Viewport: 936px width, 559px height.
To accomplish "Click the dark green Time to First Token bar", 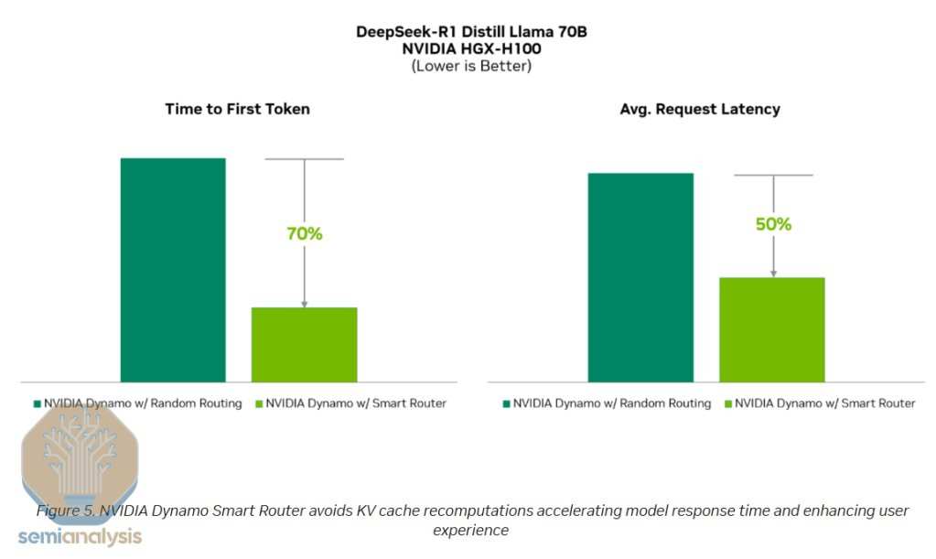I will pyautogui.click(x=173, y=270).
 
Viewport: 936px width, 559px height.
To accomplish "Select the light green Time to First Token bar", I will pyautogui.click(x=304, y=344).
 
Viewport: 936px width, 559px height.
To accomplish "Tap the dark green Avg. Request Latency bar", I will pyautogui.click(x=640, y=277).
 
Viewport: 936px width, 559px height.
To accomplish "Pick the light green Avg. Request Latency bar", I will pyautogui.click(x=771, y=329).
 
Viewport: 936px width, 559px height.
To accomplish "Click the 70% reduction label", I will pyautogui.click(x=305, y=233).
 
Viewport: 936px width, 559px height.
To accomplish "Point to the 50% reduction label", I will pyautogui.click(x=773, y=224).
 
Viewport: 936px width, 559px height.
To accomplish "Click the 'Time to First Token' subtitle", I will pyautogui.click(x=237, y=109).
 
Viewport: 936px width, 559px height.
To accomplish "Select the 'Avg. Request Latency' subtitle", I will pyautogui.click(x=699, y=109).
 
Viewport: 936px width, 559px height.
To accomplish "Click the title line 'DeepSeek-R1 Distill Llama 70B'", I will pyautogui.click(x=471, y=32).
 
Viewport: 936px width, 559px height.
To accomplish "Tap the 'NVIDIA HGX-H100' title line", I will pyautogui.click(x=471, y=48).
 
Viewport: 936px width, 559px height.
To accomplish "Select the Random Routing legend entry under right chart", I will pyautogui.click(x=607, y=403).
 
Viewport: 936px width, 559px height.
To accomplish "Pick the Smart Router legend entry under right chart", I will pyautogui.click(x=819, y=403).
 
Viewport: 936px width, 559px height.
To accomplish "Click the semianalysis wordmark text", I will pyautogui.click(x=81, y=537).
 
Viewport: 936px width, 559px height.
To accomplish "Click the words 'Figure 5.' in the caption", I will pyautogui.click(x=66, y=511).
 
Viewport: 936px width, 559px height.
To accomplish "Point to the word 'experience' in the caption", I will pyautogui.click(x=470, y=530).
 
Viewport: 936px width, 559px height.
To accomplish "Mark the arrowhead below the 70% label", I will pyautogui.click(x=305, y=304).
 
